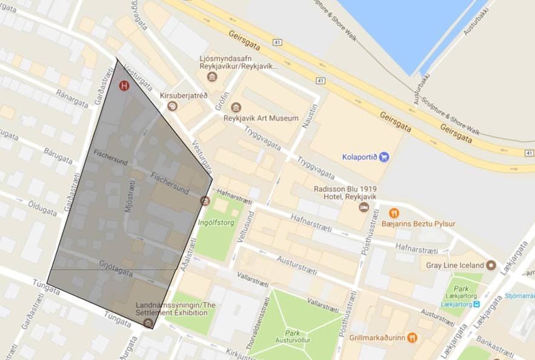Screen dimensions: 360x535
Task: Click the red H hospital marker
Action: tap(124, 86)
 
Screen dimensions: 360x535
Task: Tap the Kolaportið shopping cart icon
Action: tap(384, 157)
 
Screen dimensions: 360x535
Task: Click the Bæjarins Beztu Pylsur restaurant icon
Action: tap(394, 213)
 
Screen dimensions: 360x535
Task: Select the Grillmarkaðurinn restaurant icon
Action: tap(412, 338)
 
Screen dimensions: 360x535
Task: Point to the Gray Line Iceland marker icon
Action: tap(491, 265)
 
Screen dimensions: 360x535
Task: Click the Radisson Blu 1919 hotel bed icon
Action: tap(364, 207)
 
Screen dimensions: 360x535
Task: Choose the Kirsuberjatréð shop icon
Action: tap(173, 106)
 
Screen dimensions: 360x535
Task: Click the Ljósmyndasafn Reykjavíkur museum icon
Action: tap(212, 76)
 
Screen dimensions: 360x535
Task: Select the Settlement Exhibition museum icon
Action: tap(147, 322)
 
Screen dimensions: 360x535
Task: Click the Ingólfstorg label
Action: tap(217, 222)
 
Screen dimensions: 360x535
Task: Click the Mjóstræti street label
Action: tap(128, 197)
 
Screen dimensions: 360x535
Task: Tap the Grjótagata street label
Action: tap(116, 267)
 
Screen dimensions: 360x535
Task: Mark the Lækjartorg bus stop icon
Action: tap(477, 304)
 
